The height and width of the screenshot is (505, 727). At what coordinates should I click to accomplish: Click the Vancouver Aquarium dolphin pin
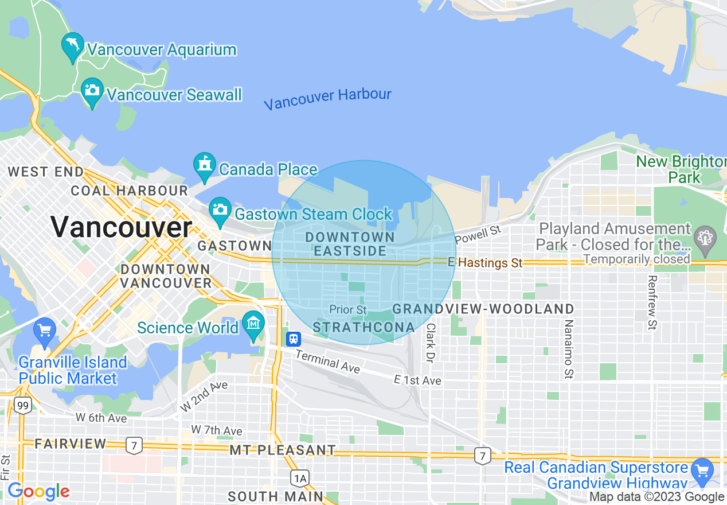pos(73,46)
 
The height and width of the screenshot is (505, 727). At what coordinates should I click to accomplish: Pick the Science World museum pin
pos(253,325)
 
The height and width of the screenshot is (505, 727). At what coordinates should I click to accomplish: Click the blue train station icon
pos(294,339)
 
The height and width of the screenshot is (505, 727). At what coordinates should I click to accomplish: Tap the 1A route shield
pos(299,477)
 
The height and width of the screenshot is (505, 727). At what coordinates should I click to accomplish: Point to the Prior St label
pos(347,310)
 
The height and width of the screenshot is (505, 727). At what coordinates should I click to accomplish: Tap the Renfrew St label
pos(652,302)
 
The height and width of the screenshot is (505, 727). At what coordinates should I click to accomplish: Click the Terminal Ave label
pos(328,362)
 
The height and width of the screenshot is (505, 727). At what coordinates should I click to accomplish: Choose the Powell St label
pos(478,234)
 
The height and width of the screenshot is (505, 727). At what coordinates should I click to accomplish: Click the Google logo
pos(38,491)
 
